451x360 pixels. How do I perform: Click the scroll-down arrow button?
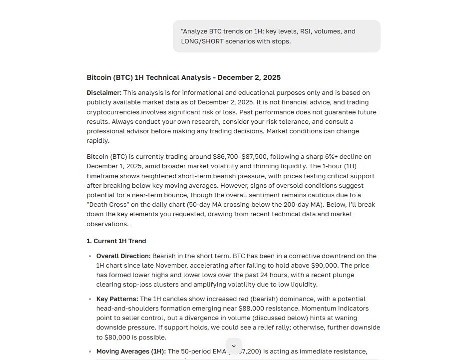tap(234, 346)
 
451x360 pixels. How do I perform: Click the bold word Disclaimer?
tap(104, 93)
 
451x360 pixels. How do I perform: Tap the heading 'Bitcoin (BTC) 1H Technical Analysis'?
tap(183, 77)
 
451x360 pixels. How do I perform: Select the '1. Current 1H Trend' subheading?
tap(116, 241)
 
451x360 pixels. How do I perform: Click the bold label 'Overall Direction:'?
tap(123, 256)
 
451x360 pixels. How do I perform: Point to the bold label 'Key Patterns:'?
tap(117, 299)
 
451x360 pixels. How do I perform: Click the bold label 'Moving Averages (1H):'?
tap(131, 352)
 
